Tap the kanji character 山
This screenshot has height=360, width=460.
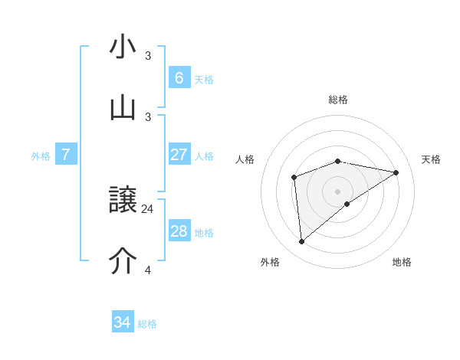point(123,107)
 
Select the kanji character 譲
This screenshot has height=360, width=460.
point(123,201)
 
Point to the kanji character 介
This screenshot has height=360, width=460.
point(123,261)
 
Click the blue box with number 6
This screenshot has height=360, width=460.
point(179,77)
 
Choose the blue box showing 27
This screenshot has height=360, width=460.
point(179,155)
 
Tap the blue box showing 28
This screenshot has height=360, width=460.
point(179,231)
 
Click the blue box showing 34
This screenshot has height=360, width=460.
point(123,322)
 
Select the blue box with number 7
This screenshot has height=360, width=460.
point(66,155)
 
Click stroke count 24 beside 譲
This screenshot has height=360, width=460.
point(148,208)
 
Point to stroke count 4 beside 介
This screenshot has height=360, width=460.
point(148,270)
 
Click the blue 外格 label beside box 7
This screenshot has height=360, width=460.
point(41,156)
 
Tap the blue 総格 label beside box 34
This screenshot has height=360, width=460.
point(147,324)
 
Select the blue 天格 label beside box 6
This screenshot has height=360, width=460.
point(204,79)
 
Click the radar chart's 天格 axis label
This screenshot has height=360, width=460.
point(432,159)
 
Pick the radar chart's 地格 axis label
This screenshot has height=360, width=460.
point(402,262)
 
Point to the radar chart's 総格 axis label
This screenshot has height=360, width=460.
point(338,100)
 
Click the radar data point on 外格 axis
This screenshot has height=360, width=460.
point(302,242)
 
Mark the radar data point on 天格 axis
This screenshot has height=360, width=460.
point(396,172)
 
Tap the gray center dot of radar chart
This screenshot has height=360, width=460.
point(338,191)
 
